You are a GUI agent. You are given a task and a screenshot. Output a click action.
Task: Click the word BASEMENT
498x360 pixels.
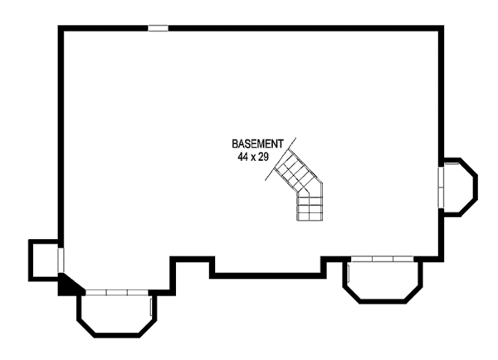tap(258, 143)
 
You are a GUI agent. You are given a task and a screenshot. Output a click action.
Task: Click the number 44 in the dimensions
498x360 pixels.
tap(242, 155)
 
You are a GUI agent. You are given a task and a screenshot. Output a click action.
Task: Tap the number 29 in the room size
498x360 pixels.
tap(264, 155)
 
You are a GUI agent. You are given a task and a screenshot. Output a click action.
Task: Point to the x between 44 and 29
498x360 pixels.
tap(253, 156)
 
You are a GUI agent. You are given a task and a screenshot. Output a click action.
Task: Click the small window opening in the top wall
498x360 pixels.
tap(158, 28)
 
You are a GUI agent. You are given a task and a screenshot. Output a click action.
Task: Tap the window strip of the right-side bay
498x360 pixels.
tap(442, 187)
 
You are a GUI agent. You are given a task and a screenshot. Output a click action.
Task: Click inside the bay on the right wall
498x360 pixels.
tap(459, 187)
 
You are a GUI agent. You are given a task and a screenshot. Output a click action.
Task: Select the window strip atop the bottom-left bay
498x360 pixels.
tap(116, 293)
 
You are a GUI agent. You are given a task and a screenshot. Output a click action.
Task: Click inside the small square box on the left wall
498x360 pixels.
tap(43, 258)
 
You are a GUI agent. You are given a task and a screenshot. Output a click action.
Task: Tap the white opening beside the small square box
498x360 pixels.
tap(60, 258)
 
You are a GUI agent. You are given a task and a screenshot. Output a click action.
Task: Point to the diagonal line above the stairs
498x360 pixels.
tap(282, 153)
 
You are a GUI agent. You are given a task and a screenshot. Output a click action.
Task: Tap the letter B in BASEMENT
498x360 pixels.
tap(235, 143)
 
